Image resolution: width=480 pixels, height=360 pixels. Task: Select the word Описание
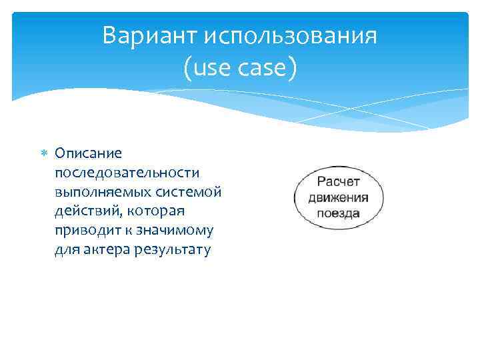point(89,153)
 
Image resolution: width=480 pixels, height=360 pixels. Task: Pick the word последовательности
point(127,173)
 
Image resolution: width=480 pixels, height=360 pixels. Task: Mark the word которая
point(151,211)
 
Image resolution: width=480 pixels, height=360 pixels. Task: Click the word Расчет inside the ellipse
point(339,181)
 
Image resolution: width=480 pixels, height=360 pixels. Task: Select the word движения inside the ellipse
point(339,198)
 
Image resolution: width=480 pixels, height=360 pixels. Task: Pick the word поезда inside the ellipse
point(339,213)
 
